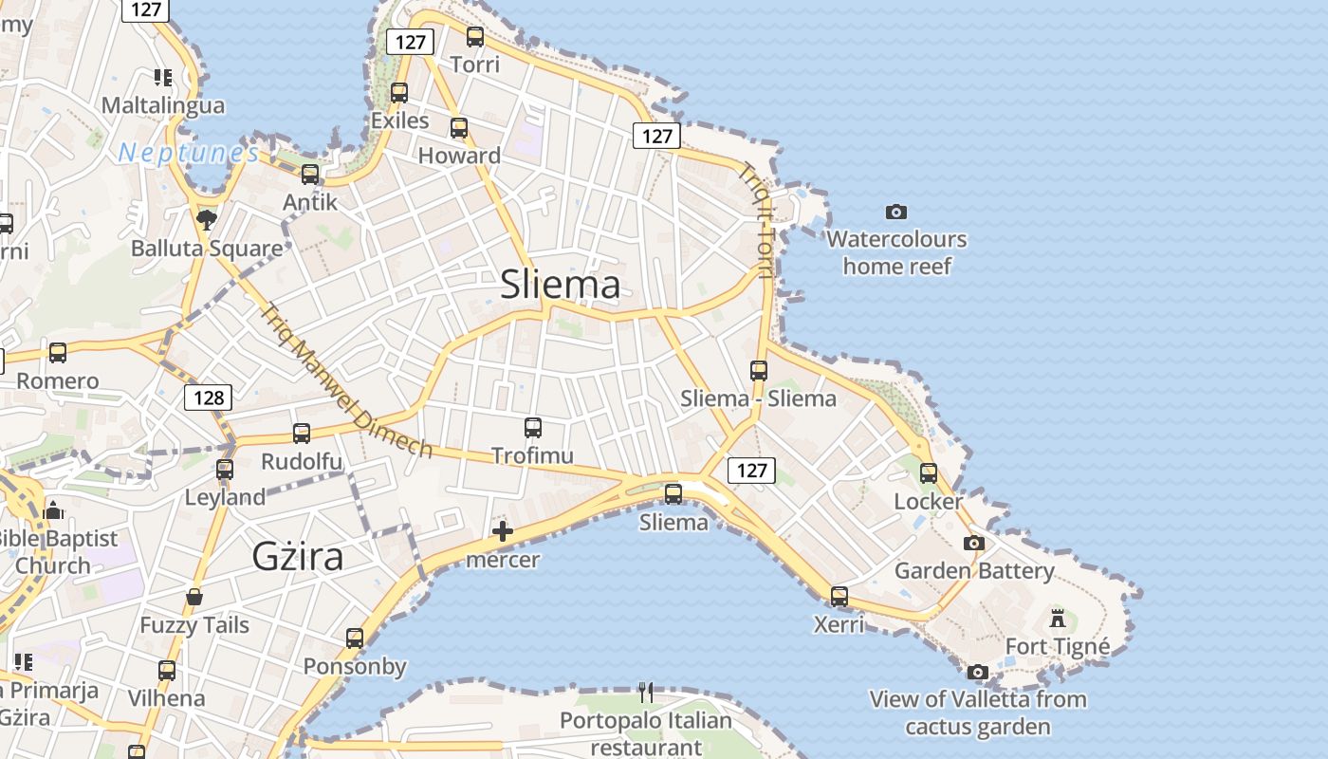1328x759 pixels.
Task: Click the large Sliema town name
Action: [560, 284]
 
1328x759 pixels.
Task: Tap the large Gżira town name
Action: [298, 556]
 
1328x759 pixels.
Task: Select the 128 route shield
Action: [208, 398]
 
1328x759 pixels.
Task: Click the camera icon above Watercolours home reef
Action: [895, 212]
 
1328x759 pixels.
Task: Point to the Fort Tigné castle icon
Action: [1057, 620]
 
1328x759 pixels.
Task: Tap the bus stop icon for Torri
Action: [475, 38]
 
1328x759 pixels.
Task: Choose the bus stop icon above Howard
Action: [459, 128]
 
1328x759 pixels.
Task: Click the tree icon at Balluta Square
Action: [206, 221]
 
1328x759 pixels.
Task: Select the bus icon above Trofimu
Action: [533, 428]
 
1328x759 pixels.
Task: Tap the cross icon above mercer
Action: [503, 532]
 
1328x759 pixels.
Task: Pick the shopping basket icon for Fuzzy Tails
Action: [194, 597]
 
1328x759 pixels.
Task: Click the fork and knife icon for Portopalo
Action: [645, 692]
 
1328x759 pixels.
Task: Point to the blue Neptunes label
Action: [188, 153]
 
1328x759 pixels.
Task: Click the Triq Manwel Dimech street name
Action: [346, 380]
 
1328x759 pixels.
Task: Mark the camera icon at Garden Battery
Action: [973, 544]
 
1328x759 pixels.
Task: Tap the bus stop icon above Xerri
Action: [839, 597]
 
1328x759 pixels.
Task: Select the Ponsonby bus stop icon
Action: [355, 639]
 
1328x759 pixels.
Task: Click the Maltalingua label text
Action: [163, 105]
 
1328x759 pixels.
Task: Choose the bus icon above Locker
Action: [929, 473]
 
